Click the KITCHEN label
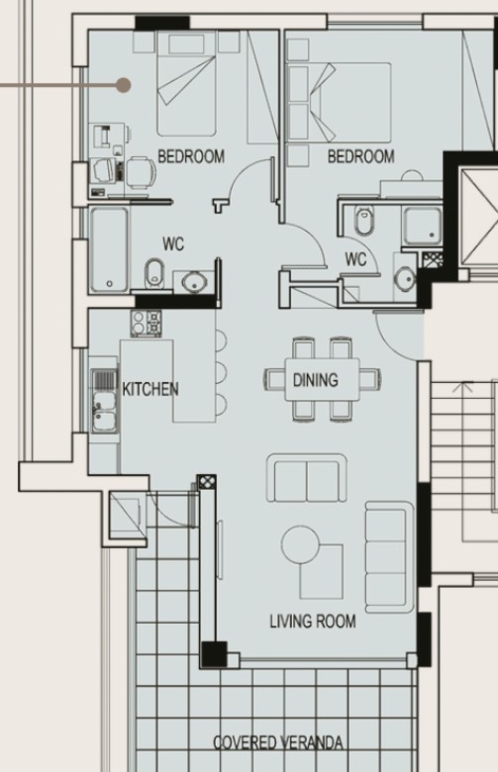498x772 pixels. pyautogui.click(x=150, y=389)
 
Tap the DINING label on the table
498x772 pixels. pyautogui.click(x=316, y=380)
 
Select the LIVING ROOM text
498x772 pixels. pyautogui.click(x=313, y=621)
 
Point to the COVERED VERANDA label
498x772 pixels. pyautogui.click(x=278, y=742)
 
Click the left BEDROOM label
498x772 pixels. pyautogui.click(x=191, y=156)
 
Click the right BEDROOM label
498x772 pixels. pyautogui.click(x=361, y=156)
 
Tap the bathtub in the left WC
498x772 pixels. pyautogui.click(x=109, y=249)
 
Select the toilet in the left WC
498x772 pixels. pyautogui.click(x=155, y=272)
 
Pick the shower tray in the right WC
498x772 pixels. pyautogui.click(x=423, y=226)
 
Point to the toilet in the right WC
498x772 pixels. pyautogui.click(x=364, y=220)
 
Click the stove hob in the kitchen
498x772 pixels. pyautogui.click(x=147, y=324)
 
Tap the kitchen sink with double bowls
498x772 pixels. pyautogui.click(x=105, y=400)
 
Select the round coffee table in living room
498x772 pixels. pyautogui.click(x=300, y=544)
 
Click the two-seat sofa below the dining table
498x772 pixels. pyautogui.click(x=306, y=478)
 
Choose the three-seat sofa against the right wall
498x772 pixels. pyautogui.click(x=389, y=557)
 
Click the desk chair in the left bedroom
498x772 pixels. pyautogui.click(x=141, y=172)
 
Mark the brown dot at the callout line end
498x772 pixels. pyautogui.click(x=123, y=85)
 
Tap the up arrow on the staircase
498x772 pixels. pyautogui.click(x=463, y=387)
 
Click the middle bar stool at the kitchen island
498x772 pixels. pyautogui.click(x=221, y=372)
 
